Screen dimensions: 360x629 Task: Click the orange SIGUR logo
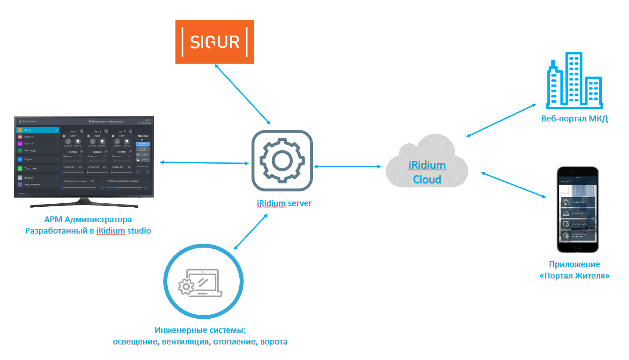pyautogui.click(x=215, y=42)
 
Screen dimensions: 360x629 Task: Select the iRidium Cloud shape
pyautogui.click(x=427, y=162)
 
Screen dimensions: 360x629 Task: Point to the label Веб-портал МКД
pyautogui.click(x=574, y=119)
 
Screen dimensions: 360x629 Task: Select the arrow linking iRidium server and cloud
pyautogui.click(x=348, y=166)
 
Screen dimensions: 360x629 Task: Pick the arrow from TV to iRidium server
pyautogui.click(x=204, y=163)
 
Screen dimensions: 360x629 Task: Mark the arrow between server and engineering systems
pyautogui.click(x=251, y=232)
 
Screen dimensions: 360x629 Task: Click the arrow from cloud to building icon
pyautogui.click(x=501, y=121)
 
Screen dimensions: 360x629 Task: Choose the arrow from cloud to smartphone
pyautogui.click(x=513, y=184)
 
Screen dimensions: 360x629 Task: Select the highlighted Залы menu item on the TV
pyautogui.click(x=37, y=130)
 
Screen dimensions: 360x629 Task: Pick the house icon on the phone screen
pyautogui.click(x=566, y=202)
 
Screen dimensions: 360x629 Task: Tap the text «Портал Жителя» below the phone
pyautogui.click(x=574, y=276)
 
